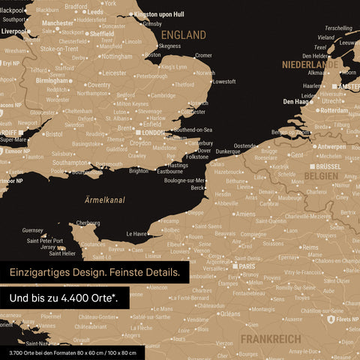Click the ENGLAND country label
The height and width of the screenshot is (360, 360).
coord(184,35)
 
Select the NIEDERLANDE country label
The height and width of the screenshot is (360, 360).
coord(310,64)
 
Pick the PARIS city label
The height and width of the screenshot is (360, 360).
coord(247,266)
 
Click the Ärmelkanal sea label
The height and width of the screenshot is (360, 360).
coord(104,199)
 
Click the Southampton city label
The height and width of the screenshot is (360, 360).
coord(71,162)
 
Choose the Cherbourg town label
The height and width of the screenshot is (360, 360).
coord(87,223)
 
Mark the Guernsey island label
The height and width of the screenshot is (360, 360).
coord(33,230)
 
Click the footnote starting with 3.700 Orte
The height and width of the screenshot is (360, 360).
coord(73,352)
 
